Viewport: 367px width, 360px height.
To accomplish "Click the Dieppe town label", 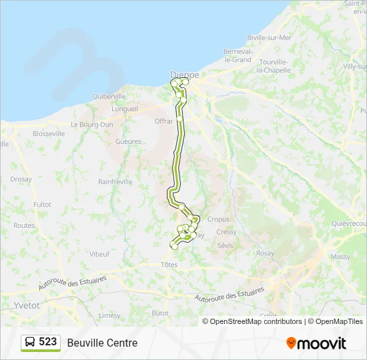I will click(x=185, y=75).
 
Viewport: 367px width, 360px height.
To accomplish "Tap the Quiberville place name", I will click(x=109, y=96).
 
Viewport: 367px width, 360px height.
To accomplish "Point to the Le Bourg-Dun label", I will click(x=91, y=125).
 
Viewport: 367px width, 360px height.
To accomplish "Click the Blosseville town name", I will click(x=49, y=133).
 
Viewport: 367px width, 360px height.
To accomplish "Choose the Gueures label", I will click(x=128, y=141).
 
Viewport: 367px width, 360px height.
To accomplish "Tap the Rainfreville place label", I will click(x=115, y=181).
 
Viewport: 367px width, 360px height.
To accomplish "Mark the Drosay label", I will click(x=21, y=179).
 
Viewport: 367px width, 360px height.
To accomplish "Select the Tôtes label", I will click(x=169, y=265).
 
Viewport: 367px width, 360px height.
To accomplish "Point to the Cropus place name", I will click(x=218, y=219).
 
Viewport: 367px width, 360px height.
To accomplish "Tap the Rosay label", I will click(x=265, y=253).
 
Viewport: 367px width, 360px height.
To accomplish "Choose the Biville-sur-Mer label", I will click(x=269, y=38).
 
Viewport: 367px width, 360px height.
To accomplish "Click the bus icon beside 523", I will click(x=30, y=343).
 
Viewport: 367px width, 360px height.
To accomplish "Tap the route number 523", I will click(x=48, y=342).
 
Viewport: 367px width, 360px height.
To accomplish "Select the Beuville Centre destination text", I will click(x=102, y=343).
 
